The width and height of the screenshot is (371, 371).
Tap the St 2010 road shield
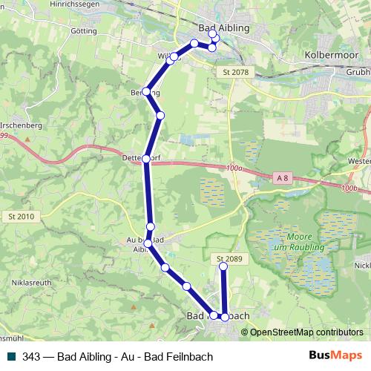click(23, 216)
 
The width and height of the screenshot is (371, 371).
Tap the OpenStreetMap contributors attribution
click(306, 332)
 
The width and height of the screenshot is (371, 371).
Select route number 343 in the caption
click(31, 356)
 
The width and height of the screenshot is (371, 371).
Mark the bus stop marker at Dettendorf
click(145, 158)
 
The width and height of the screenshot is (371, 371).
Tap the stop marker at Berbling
click(147, 92)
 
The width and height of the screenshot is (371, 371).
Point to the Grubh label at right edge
click(357, 73)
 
